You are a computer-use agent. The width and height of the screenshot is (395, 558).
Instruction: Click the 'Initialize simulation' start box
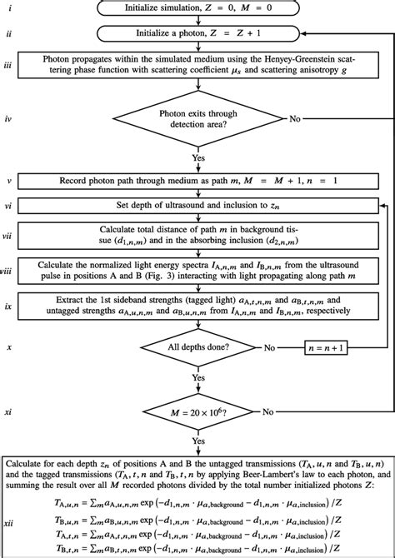click(197, 9)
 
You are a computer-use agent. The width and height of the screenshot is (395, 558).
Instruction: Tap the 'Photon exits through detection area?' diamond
click(197, 119)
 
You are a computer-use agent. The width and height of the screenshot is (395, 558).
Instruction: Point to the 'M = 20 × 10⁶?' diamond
click(197, 411)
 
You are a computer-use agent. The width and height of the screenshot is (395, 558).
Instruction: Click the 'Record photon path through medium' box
click(197, 181)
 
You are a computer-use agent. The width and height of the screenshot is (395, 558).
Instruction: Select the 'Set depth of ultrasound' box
click(197, 205)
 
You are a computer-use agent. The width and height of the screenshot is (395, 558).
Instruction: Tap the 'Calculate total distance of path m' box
click(197, 236)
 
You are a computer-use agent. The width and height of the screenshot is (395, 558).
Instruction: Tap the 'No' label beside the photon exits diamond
click(295, 119)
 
